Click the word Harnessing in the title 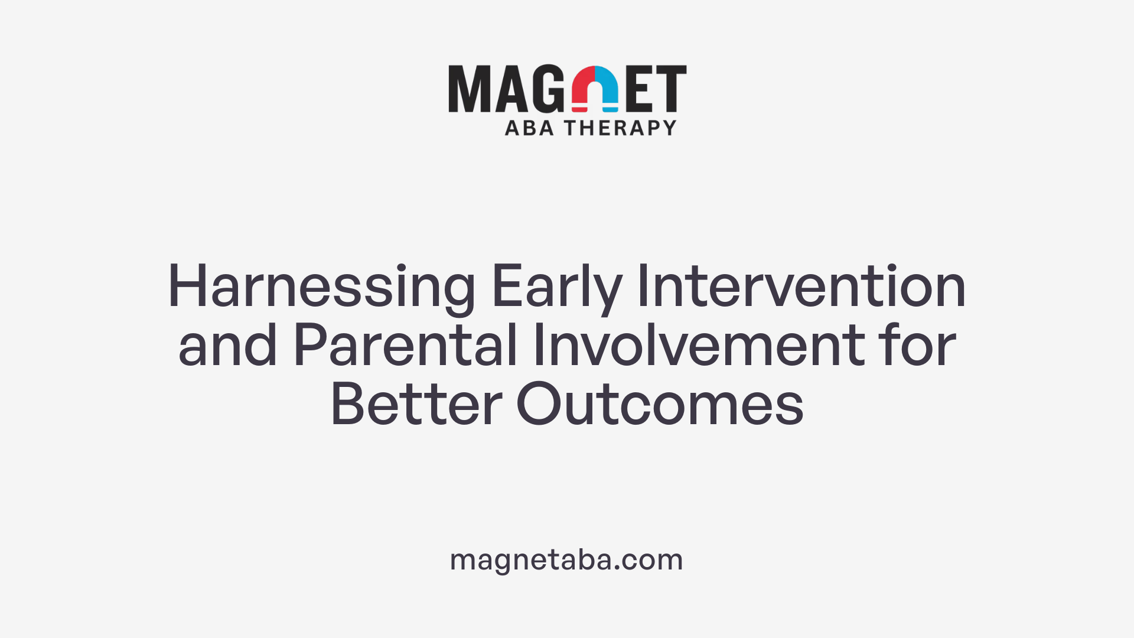pyautogui.click(x=321, y=288)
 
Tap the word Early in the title pyautogui.click(x=556, y=288)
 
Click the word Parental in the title pyautogui.click(x=405, y=346)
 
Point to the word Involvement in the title pyautogui.click(x=698, y=346)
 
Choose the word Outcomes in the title pyautogui.click(x=660, y=405)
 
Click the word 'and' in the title pyautogui.click(x=227, y=346)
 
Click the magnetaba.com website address pyautogui.click(x=566, y=559)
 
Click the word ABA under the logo pyautogui.click(x=529, y=128)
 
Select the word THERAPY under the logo pyautogui.click(x=620, y=128)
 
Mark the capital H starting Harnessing pyautogui.click(x=187, y=288)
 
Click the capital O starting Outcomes pyautogui.click(x=538, y=405)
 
